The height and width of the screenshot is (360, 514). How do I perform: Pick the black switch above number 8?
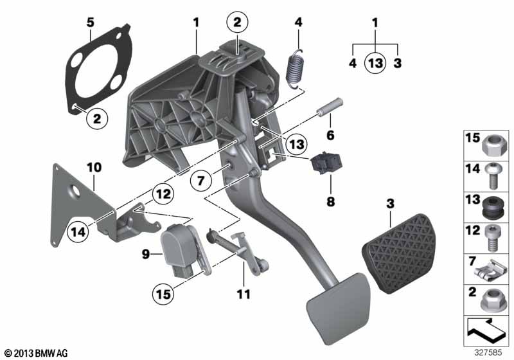pos(326,163)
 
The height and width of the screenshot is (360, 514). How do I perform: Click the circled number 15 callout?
pos(163,294)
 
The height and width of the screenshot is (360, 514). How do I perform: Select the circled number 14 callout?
pos(78,232)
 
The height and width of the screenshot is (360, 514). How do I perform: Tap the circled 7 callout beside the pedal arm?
pos(201,179)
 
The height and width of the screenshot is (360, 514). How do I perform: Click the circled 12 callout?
pos(163,194)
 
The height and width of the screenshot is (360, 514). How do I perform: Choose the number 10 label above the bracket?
pos(94,168)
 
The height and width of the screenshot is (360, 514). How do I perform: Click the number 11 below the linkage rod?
pos(244,294)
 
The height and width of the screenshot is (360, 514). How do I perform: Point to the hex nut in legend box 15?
pos(495,145)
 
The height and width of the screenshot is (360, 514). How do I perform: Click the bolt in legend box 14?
pos(491,175)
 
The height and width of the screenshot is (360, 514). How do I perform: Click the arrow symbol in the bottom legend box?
pos(486,330)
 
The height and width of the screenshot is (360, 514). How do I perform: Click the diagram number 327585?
pos(488,353)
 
